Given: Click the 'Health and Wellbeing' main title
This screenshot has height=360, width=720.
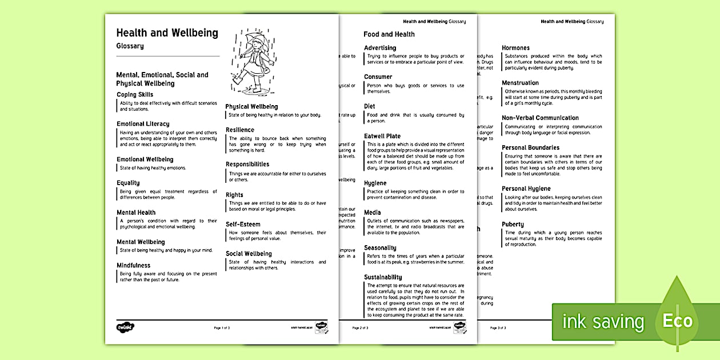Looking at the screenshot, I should point(167,33).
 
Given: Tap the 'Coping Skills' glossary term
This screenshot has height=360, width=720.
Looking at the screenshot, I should point(135,94).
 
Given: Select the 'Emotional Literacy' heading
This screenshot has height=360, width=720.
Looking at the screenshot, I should point(143,124).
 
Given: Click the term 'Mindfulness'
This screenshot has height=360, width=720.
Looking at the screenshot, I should point(134,265).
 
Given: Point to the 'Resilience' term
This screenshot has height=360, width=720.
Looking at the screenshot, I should point(240,130).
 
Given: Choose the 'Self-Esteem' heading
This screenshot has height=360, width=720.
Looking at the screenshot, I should point(241,224).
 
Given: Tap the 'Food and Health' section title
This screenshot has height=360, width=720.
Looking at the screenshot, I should point(389,34).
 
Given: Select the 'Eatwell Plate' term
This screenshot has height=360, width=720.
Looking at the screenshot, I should point(382,136).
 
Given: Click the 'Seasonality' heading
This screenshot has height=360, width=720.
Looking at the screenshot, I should point(380,248).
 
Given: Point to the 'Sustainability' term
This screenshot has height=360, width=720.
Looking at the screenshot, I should point(383,277).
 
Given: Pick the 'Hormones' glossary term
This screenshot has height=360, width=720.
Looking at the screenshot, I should point(515,48).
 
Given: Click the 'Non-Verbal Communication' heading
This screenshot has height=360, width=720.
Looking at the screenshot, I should point(540,118).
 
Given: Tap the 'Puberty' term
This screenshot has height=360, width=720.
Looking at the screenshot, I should point(513,224).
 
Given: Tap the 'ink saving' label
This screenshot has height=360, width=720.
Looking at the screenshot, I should point(603,322).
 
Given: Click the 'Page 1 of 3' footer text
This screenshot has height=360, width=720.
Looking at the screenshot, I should point(222,328).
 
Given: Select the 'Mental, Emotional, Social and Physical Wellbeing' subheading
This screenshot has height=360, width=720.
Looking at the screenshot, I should point(162,79).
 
